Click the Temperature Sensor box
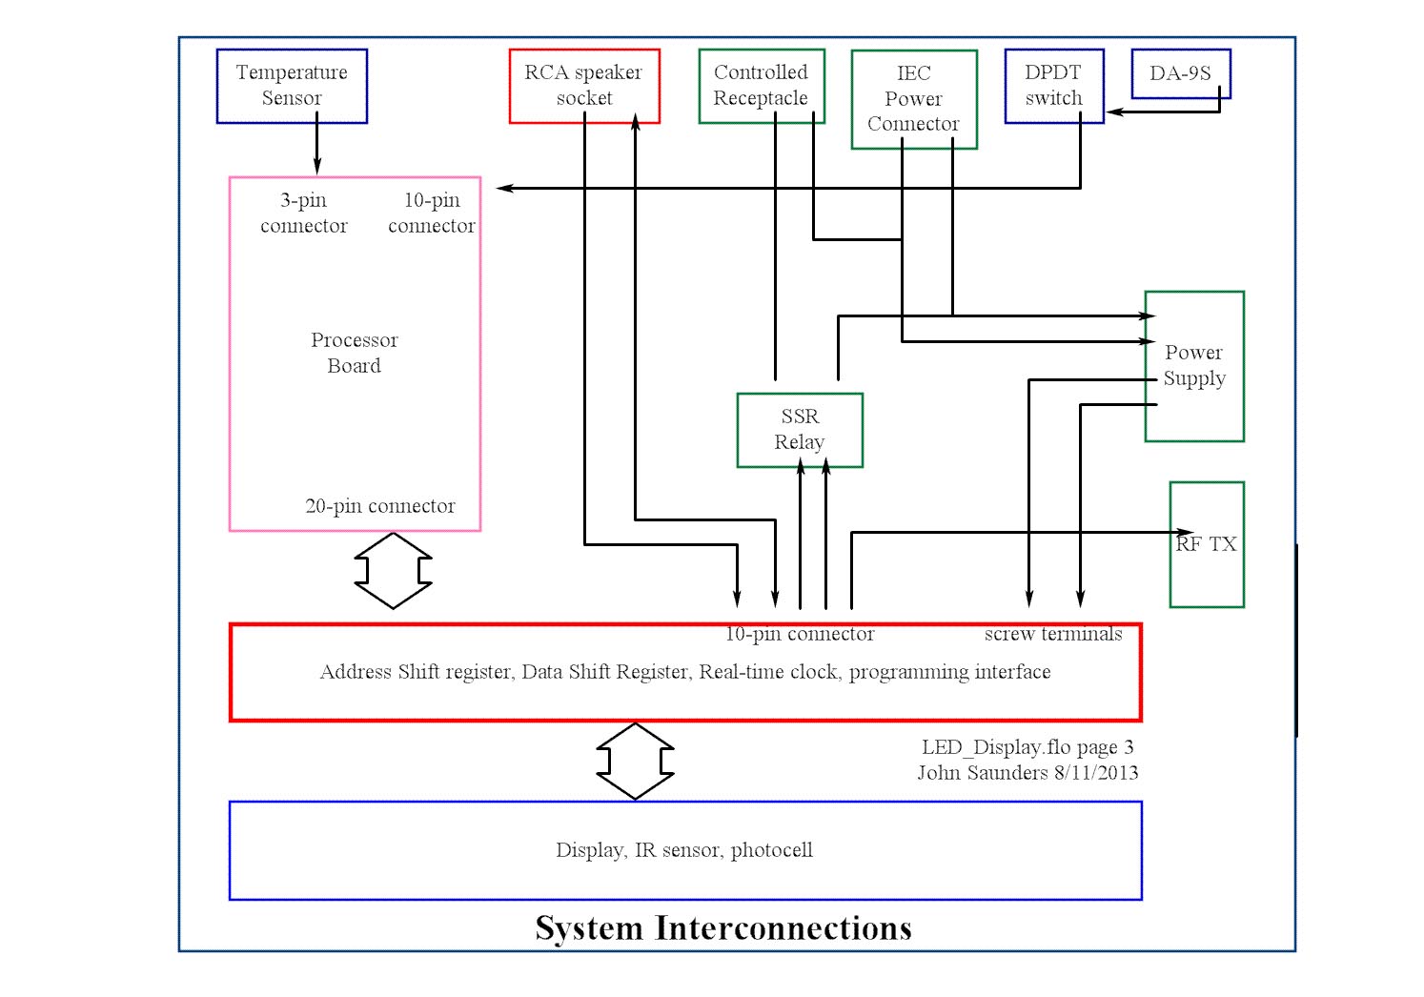[292, 86]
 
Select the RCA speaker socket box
[583, 86]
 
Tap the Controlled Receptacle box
[761, 86]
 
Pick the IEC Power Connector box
[913, 99]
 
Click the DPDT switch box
[1053, 86]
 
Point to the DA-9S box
[1180, 73]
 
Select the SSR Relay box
[799, 430]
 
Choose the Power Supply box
[1193, 366]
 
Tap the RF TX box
[1206, 544]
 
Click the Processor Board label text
[354, 353]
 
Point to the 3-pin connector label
[303, 213]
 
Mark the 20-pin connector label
[379, 506]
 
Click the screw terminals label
[1052, 634]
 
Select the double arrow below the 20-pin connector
[393, 571]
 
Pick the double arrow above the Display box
[635, 762]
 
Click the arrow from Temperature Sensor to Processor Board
[317, 149]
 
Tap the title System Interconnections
[722, 928]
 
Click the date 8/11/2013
[1095, 773]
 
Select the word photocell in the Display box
[771, 850]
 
